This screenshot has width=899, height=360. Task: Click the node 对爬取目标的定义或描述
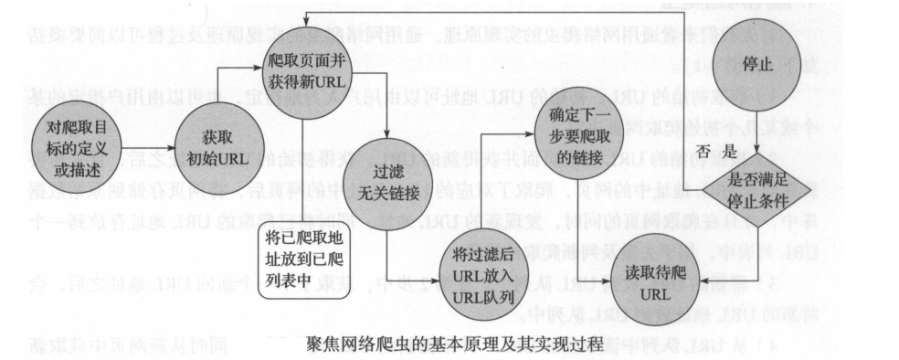70,146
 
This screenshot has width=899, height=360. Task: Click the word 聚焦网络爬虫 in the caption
352,344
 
